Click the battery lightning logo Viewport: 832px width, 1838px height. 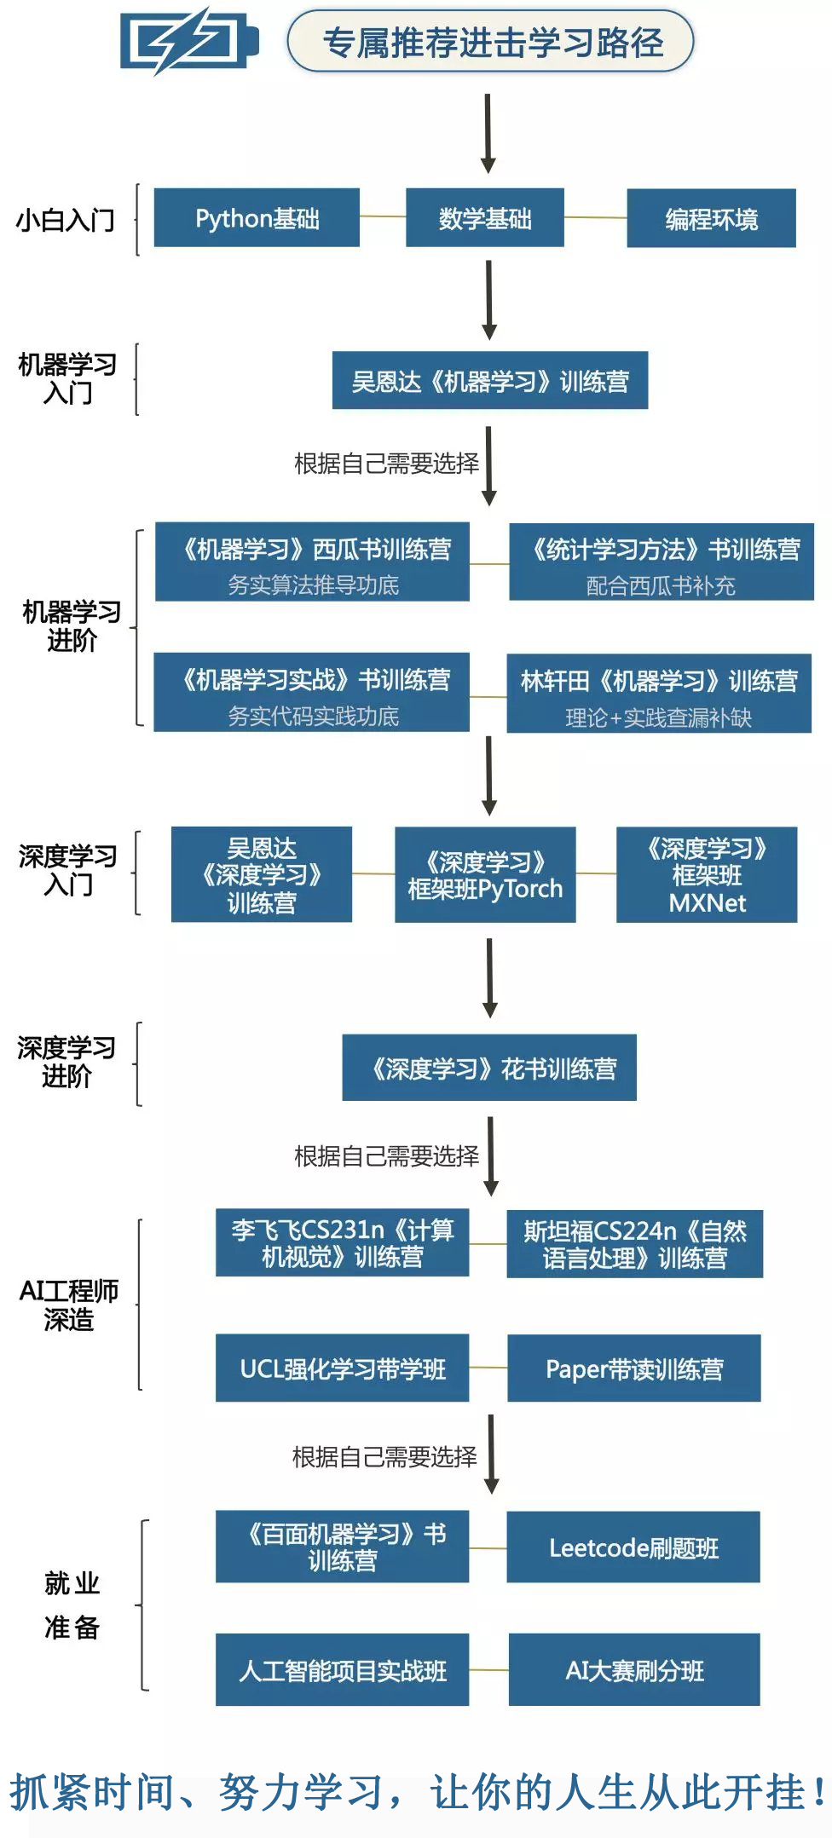coord(188,41)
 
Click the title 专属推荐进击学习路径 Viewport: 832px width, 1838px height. coord(491,42)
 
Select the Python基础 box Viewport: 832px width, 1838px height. coord(257,218)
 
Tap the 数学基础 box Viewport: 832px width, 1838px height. coord(484,218)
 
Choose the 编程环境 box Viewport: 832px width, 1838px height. coord(711,219)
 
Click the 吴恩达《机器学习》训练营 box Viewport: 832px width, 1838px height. coord(489,381)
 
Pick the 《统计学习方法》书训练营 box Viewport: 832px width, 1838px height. coord(662,562)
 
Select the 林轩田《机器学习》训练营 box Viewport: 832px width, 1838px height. coord(659,694)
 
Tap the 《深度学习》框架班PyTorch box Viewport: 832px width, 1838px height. coord(485,875)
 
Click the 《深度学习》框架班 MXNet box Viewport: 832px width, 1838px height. coord(707,875)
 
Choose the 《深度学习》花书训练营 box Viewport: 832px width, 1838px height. coord(489,1068)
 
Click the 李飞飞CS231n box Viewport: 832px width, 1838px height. coord(342,1243)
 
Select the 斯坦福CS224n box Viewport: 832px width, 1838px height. coord(634,1244)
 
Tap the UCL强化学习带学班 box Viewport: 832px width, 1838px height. coord(342,1368)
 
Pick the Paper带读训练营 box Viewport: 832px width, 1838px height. coord(633,1368)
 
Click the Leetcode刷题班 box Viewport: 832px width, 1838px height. coord(633,1547)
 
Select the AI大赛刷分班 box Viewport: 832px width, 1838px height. coord(633,1670)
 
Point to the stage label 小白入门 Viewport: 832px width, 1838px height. coord(66,220)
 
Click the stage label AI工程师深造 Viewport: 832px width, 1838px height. coord(69,1305)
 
